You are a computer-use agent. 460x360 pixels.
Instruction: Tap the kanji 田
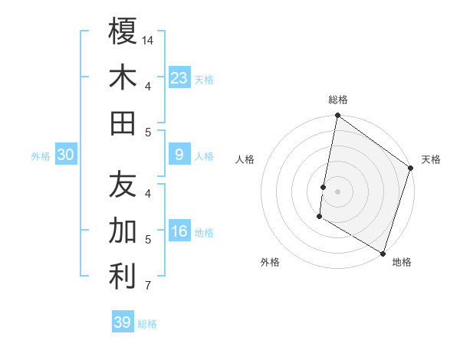click(123, 123)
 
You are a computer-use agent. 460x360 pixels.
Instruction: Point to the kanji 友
click(123, 184)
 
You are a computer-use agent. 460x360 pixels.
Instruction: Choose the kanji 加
click(123, 230)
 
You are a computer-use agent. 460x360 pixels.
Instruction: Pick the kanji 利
click(123, 277)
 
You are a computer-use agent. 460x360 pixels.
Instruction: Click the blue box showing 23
click(179, 77)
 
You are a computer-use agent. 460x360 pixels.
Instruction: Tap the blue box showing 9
click(179, 155)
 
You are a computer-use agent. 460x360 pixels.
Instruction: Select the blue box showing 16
click(179, 231)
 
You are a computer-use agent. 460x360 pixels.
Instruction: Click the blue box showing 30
click(66, 155)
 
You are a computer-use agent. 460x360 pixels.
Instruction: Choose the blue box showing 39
click(123, 322)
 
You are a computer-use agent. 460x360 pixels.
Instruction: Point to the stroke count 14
click(148, 40)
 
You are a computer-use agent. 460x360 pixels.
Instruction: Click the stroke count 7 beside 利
click(148, 286)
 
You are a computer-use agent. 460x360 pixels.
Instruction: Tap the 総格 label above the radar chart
click(338, 100)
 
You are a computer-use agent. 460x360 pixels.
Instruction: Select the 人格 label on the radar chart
click(245, 159)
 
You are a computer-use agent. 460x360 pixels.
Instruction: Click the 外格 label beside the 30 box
click(41, 156)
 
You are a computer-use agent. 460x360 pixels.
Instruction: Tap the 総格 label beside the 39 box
click(147, 324)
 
